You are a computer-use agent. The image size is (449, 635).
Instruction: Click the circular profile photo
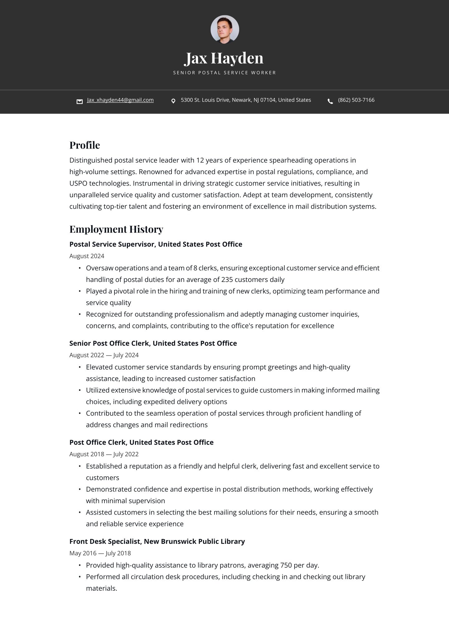pyautogui.click(x=224, y=29)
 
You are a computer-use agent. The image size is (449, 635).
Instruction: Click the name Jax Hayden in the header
pyautogui.click(x=224, y=58)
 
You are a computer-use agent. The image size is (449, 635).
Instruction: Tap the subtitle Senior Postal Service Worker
pyautogui.click(x=224, y=73)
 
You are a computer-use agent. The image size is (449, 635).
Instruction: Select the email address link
pyautogui.click(x=120, y=100)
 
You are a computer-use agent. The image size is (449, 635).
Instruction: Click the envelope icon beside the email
pyautogui.click(x=80, y=101)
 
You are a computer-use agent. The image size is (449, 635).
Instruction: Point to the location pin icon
pyautogui.click(x=173, y=101)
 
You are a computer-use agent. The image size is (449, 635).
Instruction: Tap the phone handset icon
pyautogui.click(x=330, y=101)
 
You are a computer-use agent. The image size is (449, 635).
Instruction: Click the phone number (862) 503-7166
pyautogui.click(x=356, y=100)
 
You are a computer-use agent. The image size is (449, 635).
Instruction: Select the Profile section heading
pyautogui.click(x=84, y=145)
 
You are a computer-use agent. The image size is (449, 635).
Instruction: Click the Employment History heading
pyautogui.click(x=116, y=229)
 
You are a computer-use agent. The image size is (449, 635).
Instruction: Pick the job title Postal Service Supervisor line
pyautogui.click(x=156, y=244)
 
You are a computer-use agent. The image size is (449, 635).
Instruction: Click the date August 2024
pyautogui.click(x=87, y=256)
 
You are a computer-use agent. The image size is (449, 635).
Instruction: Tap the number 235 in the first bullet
pyautogui.click(x=227, y=280)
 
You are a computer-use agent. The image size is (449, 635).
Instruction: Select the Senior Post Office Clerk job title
pyautogui.click(x=153, y=343)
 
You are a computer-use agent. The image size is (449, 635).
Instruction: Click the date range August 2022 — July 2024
pyautogui.click(x=104, y=355)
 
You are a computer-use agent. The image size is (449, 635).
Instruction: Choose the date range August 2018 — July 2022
pyautogui.click(x=104, y=454)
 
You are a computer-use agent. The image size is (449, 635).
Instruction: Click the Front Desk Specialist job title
pyautogui.click(x=157, y=541)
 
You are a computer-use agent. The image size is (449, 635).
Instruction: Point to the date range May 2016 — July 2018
pyautogui.click(x=100, y=553)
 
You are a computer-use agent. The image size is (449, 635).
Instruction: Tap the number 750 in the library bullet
pyautogui.click(x=286, y=565)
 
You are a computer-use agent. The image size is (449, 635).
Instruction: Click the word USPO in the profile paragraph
pyautogui.click(x=78, y=184)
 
